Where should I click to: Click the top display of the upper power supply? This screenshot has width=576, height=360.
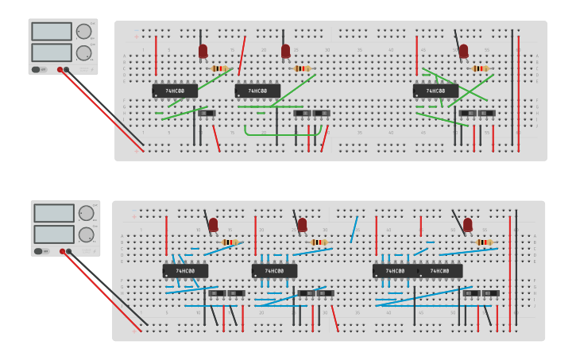(52, 31)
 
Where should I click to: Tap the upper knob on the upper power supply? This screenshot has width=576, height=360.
(83, 32)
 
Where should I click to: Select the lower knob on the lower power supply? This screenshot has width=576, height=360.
(86, 234)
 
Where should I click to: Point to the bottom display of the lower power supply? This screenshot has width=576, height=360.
(53, 234)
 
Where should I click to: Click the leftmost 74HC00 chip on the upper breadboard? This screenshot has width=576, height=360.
(175, 91)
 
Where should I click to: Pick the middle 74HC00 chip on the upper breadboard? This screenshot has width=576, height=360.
(257, 91)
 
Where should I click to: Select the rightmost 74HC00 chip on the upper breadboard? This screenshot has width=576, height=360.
(435, 91)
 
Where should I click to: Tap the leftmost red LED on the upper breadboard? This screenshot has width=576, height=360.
(203, 52)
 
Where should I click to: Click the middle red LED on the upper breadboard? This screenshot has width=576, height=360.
(285, 52)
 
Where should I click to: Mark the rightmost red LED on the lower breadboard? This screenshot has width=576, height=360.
(468, 225)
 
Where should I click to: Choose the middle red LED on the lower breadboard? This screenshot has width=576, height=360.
(302, 226)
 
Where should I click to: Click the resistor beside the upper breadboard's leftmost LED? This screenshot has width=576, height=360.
(220, 69)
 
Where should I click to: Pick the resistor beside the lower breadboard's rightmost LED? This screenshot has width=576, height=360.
(483, 242)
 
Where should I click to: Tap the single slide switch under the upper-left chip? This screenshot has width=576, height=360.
(207, 114)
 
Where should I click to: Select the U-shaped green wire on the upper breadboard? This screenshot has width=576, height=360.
(276, 133)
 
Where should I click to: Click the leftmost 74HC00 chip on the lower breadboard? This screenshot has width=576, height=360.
(185, 271)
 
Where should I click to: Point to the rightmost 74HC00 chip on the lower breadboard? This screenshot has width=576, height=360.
(440, 271)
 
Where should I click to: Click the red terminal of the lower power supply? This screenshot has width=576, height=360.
(60, 252)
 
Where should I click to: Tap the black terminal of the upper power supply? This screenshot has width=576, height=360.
(67, 70)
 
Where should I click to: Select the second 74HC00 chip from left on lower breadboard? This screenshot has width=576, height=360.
(274, 271)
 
